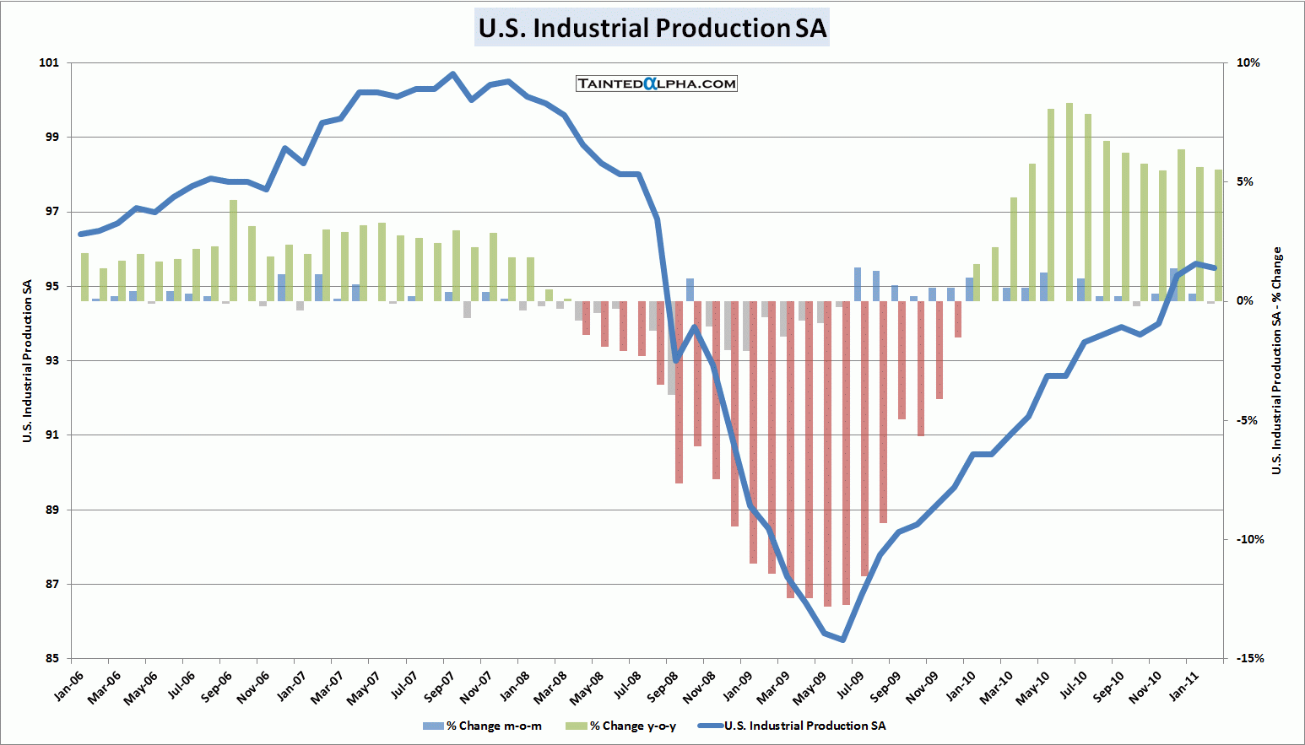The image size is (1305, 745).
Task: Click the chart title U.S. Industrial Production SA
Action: (x=652, y=28)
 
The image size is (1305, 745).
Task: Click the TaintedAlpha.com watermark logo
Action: (x=657, y=84)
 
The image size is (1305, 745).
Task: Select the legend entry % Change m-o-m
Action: (x=483, y=726)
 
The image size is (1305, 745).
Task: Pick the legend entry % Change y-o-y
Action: (x=622, y=726)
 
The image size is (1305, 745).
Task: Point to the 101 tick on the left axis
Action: (x=50, y=62)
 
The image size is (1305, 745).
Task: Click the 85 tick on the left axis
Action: (x=52, y=658)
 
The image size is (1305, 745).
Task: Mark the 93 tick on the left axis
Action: (x=52, y=360)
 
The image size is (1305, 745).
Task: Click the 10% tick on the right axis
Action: (x=1248, y=62)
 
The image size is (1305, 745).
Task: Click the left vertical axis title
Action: (x=28, y=360)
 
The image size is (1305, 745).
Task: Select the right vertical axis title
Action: (x=1277, y=360)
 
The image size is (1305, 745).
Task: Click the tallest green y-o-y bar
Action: (x=1069, y=202)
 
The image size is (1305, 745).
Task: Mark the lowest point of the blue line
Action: (x=842, y=640)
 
